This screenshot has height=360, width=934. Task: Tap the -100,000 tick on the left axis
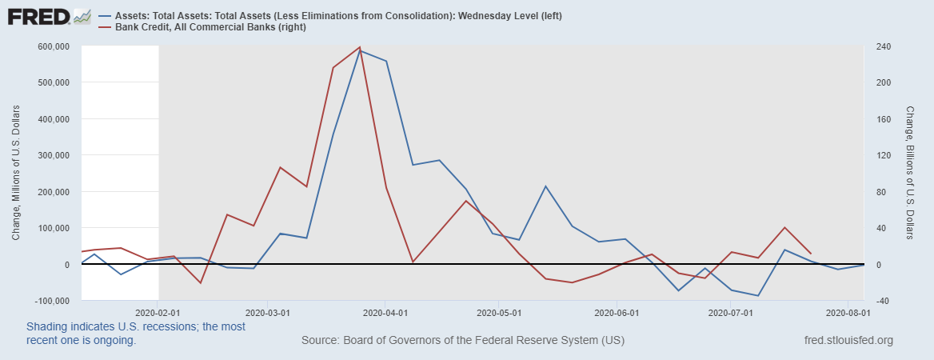[51, 301]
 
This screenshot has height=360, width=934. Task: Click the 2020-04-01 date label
[386, 313]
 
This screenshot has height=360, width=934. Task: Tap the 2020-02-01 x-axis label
[158, 313]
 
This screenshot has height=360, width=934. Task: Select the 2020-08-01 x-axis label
[848, 313]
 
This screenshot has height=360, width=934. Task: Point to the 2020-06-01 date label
[617, 313]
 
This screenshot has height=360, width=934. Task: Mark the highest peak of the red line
[360, 47]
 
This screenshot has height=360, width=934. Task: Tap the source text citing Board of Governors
[463, 341]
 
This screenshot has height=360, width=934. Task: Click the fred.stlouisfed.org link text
[848, 341]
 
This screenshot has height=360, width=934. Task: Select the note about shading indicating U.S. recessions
[136, 334]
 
